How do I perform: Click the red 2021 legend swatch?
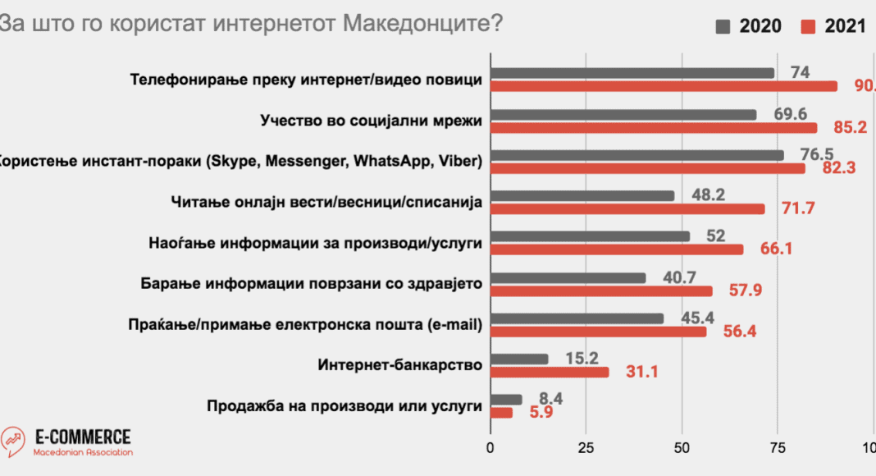pyautogui.click(x=807, y=26)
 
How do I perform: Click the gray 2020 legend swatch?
pyautogui.click(x=723, y=26)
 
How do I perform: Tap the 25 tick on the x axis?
pyautogui.click(x=586, y=447)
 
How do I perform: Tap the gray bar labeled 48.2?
pyautogui.click(x=582, y=195)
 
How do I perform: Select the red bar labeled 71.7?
pyautogui.click(x=627, y=209)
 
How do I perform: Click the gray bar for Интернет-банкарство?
pyautogui.click(x=519, y=359)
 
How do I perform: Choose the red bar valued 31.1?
pyautogui.click(x=550, y=373)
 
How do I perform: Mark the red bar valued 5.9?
pyautogui.click(x=501, y=413)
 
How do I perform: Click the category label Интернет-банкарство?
pyautogui.click(x=398, y=365)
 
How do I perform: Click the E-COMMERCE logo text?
pyautogui.click(x=83, y=437)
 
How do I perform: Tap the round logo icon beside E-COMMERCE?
pyautogui.click(x=14, y=442)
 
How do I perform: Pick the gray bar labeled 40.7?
pyautogui.click(x=568, y=277)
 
